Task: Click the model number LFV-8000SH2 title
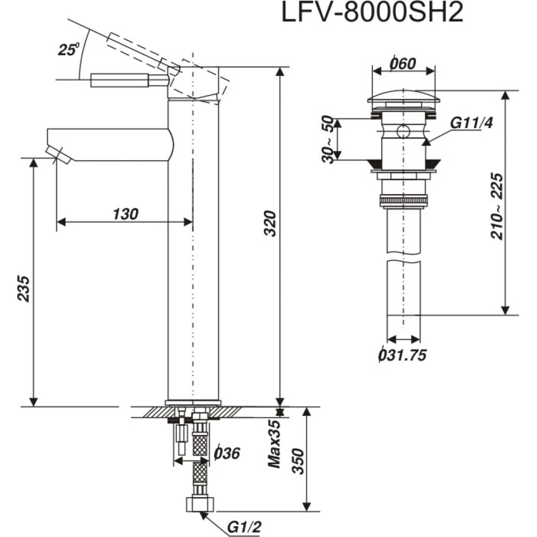point(372,13)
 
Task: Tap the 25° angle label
point(67,49)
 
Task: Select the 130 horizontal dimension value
point(126,214)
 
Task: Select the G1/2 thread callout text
point(243,527)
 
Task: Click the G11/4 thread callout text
point(472,123)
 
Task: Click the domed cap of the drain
point(403,96)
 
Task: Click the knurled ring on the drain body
point(403,201)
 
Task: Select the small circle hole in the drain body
point(403,132)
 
